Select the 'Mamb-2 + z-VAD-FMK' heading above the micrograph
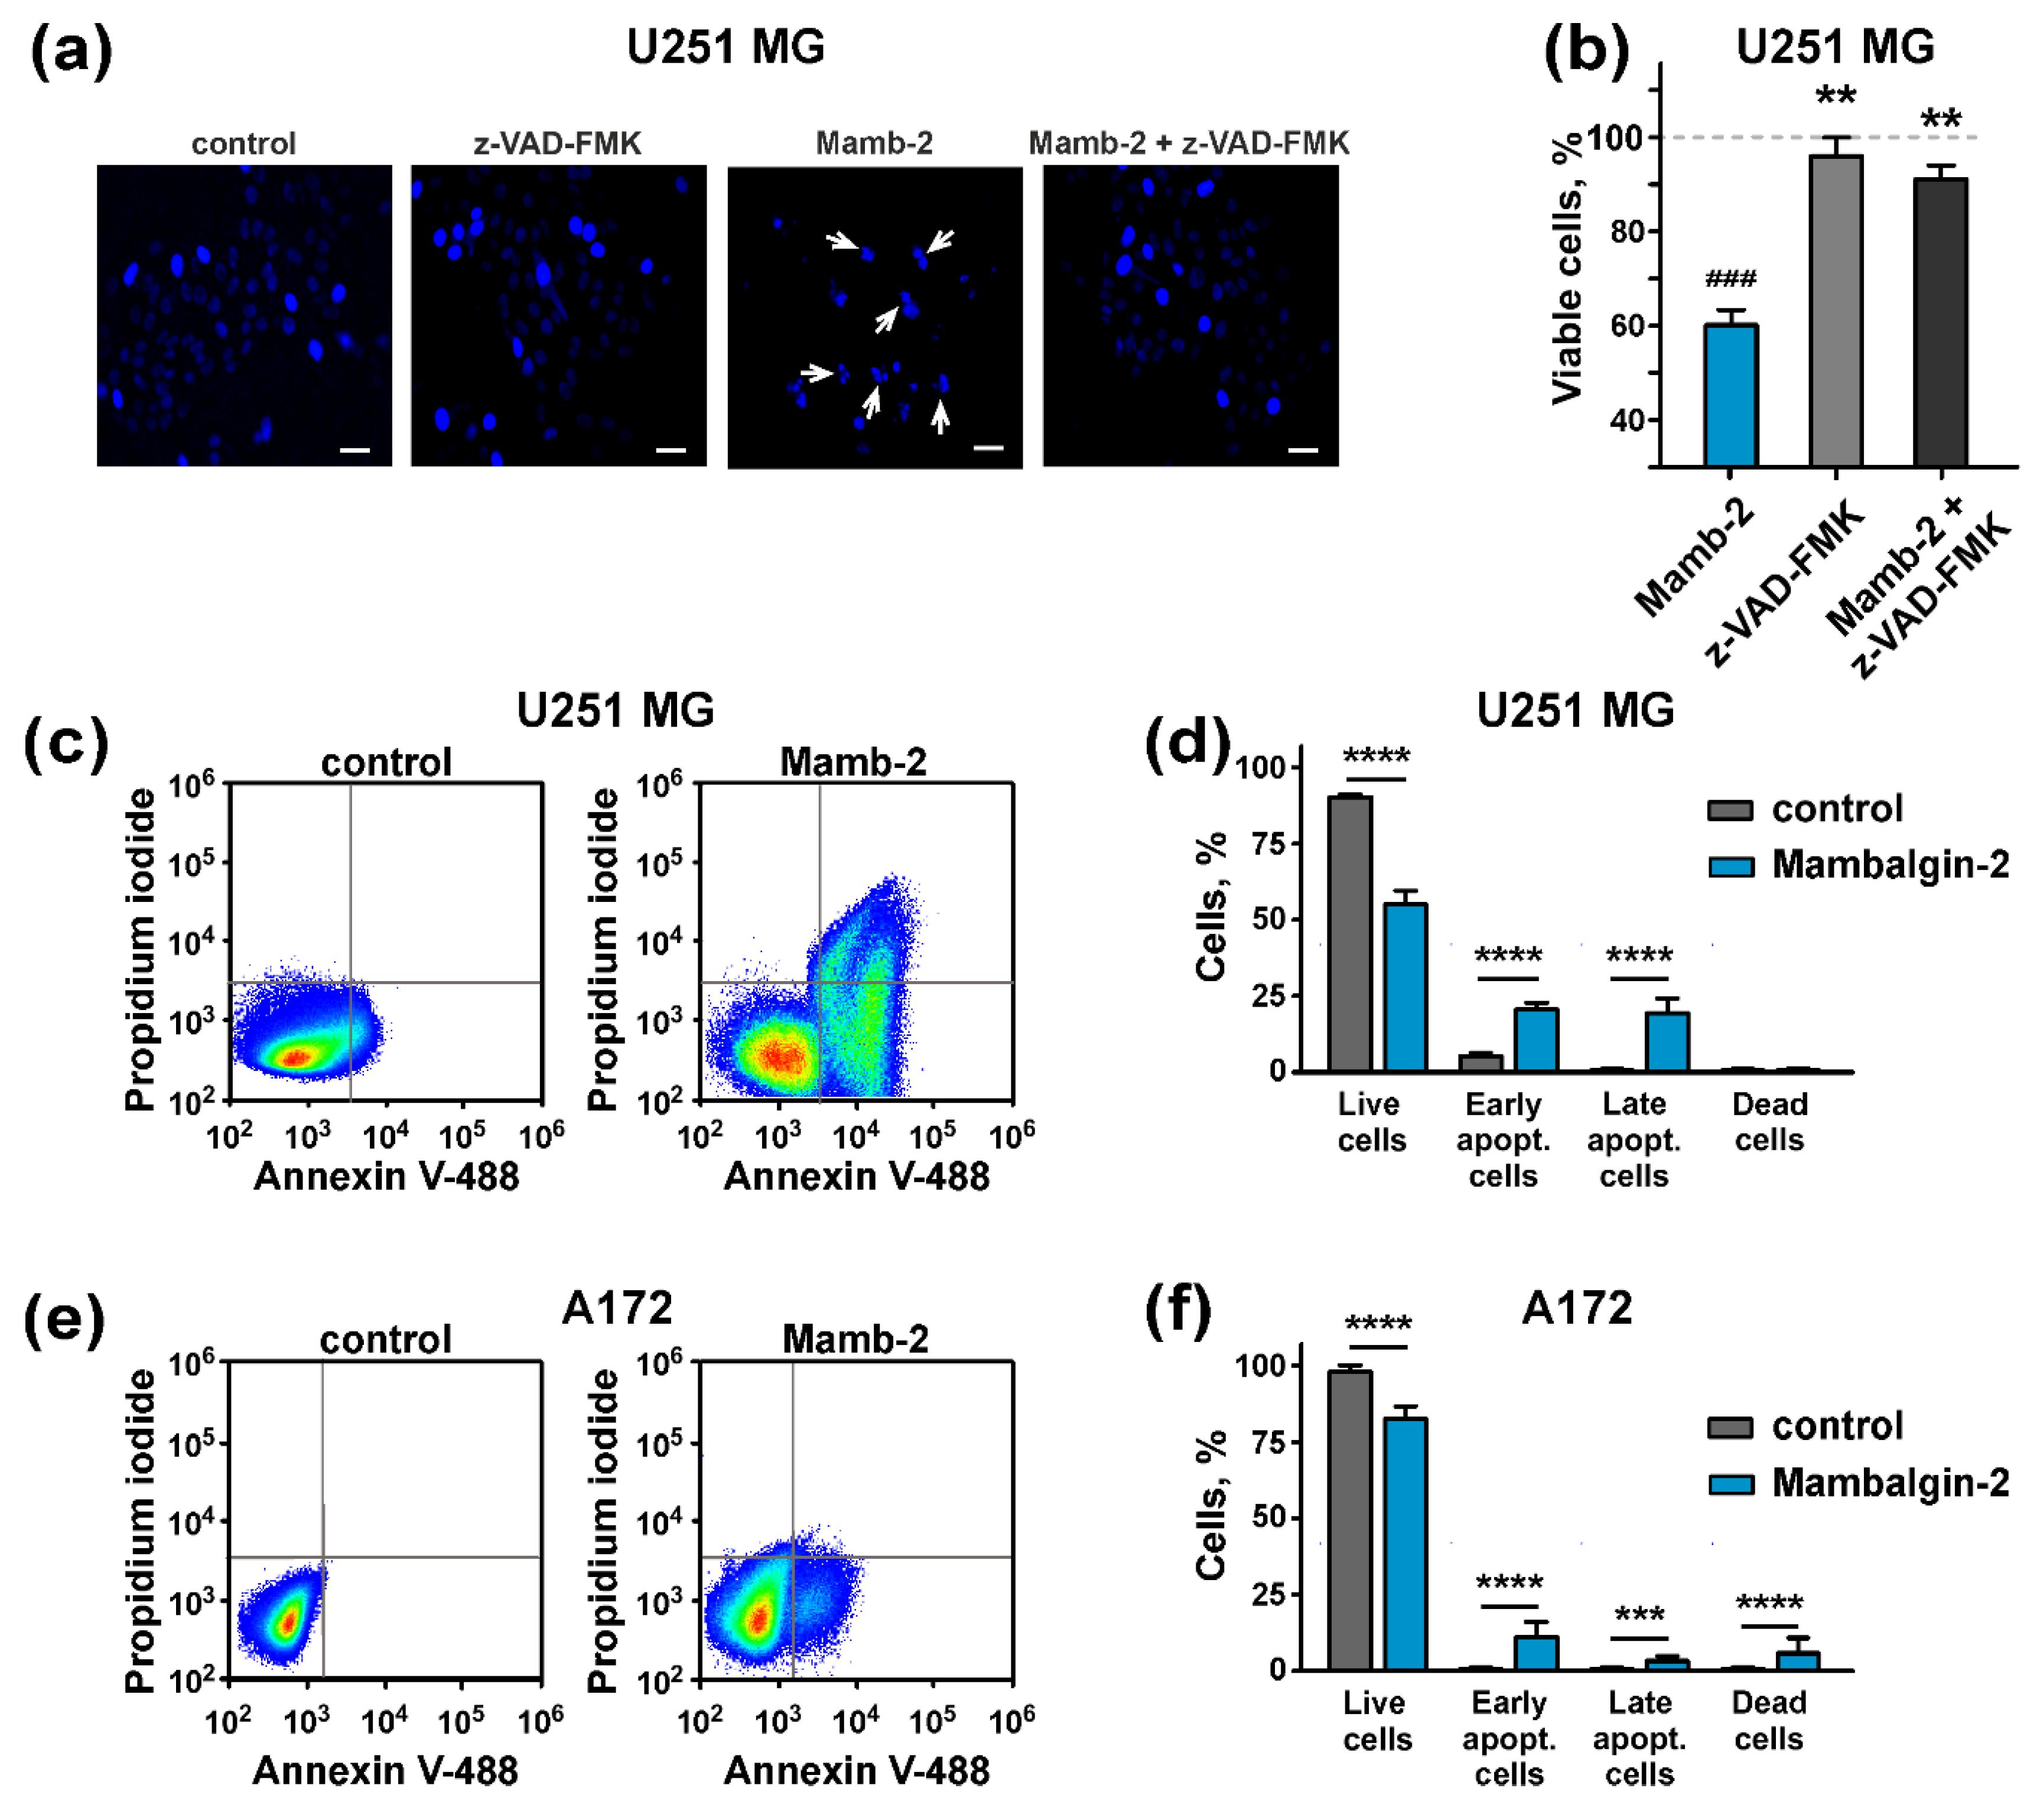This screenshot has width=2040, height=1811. click(1189, 144)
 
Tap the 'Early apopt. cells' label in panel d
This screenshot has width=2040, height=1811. click(1503, 1139)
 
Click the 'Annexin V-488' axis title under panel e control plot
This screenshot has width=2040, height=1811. click(385, 1770)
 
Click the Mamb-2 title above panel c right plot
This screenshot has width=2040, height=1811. click(853, 763)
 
